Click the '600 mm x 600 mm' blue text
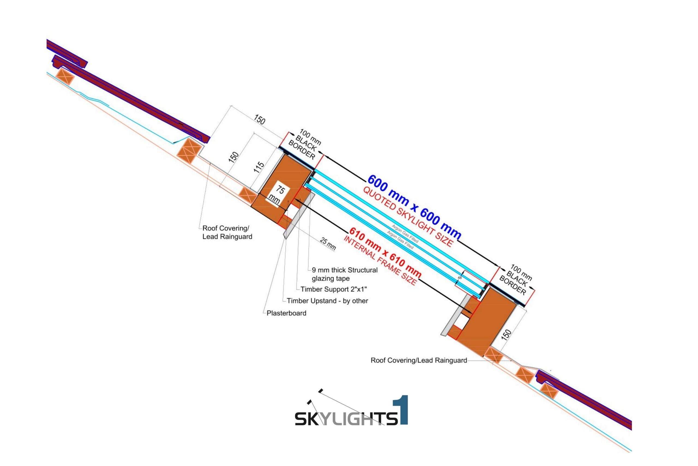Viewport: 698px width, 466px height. [414, 207]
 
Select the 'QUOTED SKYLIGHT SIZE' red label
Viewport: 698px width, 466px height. [408, 218]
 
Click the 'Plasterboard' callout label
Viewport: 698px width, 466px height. [286, 313]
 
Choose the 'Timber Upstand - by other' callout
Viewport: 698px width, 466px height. [327, 301]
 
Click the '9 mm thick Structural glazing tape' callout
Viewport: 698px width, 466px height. [344, 274]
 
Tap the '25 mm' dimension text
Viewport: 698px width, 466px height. [328, 244]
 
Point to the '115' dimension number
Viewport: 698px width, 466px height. [258, 167]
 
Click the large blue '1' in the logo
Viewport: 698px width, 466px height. [401, 410]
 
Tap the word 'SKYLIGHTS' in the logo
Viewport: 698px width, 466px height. [346, 418]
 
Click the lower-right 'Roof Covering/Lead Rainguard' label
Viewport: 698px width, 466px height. [419, 360]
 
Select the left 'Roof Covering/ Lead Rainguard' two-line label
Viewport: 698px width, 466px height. [227, 232]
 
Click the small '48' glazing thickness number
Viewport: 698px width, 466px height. [460, 278]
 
